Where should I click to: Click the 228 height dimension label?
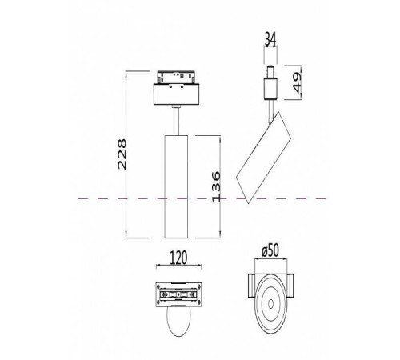tap(122, 154)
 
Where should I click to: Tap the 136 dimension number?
tap(216, 186)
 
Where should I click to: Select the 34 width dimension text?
tap(270, 39)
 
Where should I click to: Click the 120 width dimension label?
tap(178, 258)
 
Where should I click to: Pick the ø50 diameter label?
tap(270, 250)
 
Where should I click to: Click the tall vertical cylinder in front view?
tap(176, 186)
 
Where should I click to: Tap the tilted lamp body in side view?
tap(263, 158)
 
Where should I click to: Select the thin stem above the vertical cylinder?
tap(176, 121)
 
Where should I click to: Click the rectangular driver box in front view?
tap(176, 94)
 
